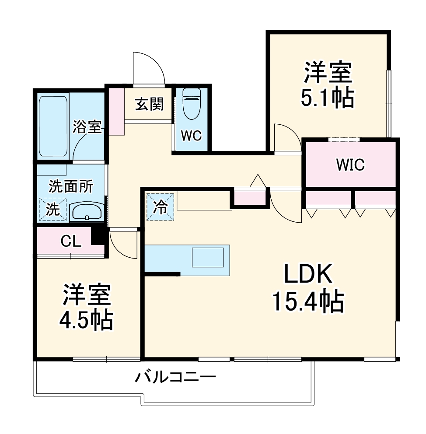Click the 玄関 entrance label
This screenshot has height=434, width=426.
click(x=149, y=105)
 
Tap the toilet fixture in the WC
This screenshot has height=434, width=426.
click(x=191, y=104)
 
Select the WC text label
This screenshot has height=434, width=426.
click(x=191, y=136)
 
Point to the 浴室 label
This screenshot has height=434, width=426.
click(x=87, y=127)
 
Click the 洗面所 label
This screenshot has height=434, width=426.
click(x=70, y=187)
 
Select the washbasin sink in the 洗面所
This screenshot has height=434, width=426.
click(x=87, y=212)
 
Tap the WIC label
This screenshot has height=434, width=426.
click(x=350, y=165)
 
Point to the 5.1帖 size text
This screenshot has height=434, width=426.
click(x=327, y=99)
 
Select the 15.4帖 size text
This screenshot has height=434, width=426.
click(x=307, y=301)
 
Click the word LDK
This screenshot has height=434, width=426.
click(x=309, y=275)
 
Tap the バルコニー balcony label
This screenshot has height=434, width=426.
click(x=175, y=377)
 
